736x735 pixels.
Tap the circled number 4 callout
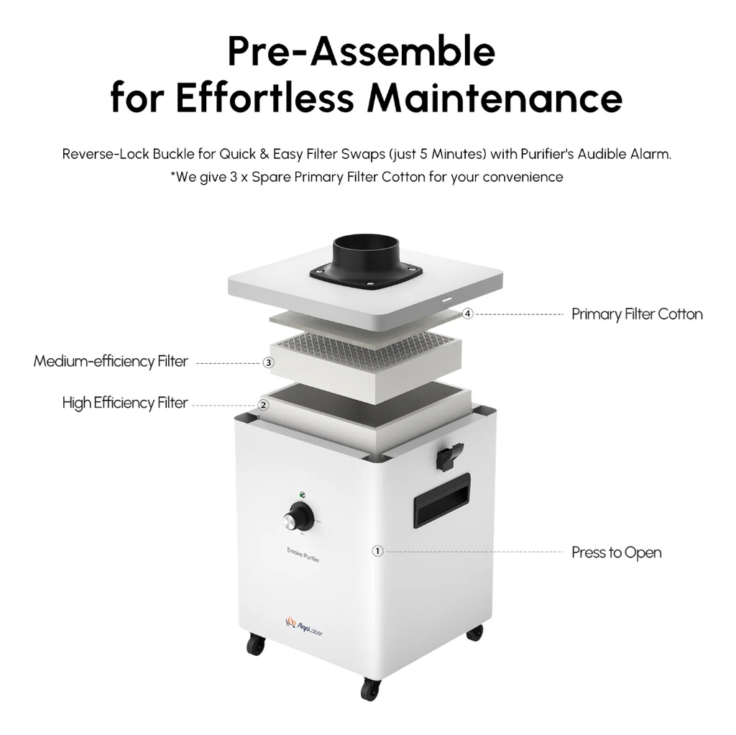(x=467, y=314)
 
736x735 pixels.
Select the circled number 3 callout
(x=268, y=362)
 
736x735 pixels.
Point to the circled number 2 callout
(x=263, y=405)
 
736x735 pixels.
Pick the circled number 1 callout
(x=377, y=551)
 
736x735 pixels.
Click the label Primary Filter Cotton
(x=637, y=314)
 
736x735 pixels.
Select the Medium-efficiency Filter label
(x=111, y=361)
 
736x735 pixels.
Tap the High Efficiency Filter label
(x=125, y=403)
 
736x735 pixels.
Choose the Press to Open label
(x=616, y=552)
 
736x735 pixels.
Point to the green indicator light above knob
(x=301, y=494)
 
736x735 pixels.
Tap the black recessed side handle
(x=441, y=500)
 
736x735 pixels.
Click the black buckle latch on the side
(x=449, y=456)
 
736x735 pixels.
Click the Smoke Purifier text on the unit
(x=303, y=554)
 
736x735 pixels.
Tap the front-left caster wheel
(x=256, y=644)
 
